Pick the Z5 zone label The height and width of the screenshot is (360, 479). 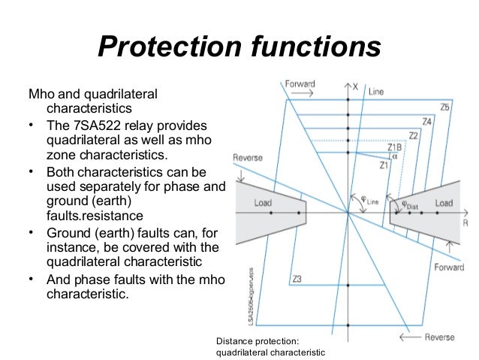(x=445, y=107)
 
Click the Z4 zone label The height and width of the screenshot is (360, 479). (x=426, y=121)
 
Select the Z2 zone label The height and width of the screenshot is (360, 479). (x=413, y=135)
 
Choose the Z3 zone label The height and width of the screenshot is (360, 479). (x=297, y=280)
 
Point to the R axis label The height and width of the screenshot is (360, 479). (x=466, y=223)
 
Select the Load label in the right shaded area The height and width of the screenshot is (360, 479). (x=444, y=203)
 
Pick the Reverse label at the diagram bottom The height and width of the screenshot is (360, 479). (x=439, y=337)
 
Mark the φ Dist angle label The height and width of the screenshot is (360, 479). (x=409, y=203)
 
